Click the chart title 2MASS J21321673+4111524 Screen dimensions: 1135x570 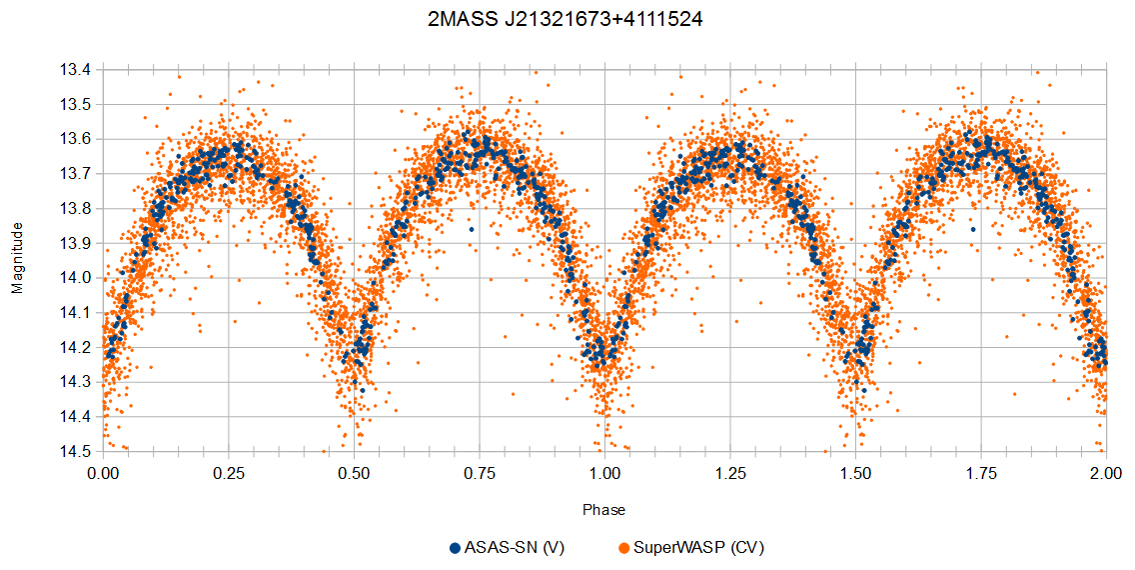pyautogui.click(x=566, y=20)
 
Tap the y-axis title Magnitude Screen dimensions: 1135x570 pyautogui.click(x=17, y=258)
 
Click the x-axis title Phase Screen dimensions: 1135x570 pyautogui.click(x=603, y=510)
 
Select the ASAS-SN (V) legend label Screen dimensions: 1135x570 pyautogui.click(x=514, y=548)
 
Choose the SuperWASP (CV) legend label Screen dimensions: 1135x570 pyautogui.click(x=698, y=548)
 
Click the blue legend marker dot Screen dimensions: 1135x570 pyautogui.click(x=455, y=548)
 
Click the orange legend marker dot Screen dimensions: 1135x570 pyautogui.click(x=624, y=548)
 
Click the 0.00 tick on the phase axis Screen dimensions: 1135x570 pyautogui.click(x=104, y=474)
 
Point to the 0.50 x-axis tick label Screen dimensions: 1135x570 pyautogui.click(x=354, y=474)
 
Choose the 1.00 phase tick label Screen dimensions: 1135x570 pyautogui.click(x=604, y=474)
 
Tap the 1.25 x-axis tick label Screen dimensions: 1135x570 pyautogui.click(x=730, y=474)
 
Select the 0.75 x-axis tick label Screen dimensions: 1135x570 pyautogui.click(x=480, y=474)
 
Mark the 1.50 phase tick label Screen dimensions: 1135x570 pyautogui.click(x=855, y=474)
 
